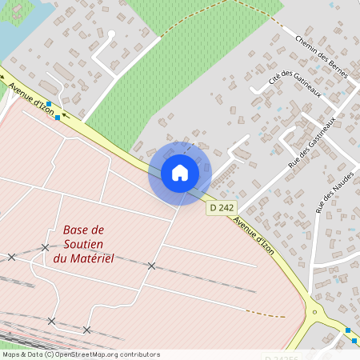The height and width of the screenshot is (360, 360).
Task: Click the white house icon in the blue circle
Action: (x=180, y=173)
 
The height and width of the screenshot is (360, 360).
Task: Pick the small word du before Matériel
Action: (x=60, y=258)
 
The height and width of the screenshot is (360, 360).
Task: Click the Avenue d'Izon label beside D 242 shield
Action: (x=255, y=236)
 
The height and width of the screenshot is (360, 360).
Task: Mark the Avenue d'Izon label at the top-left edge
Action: (x=32, y=99)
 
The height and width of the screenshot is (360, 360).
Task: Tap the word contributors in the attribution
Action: (x=139, y=354)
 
